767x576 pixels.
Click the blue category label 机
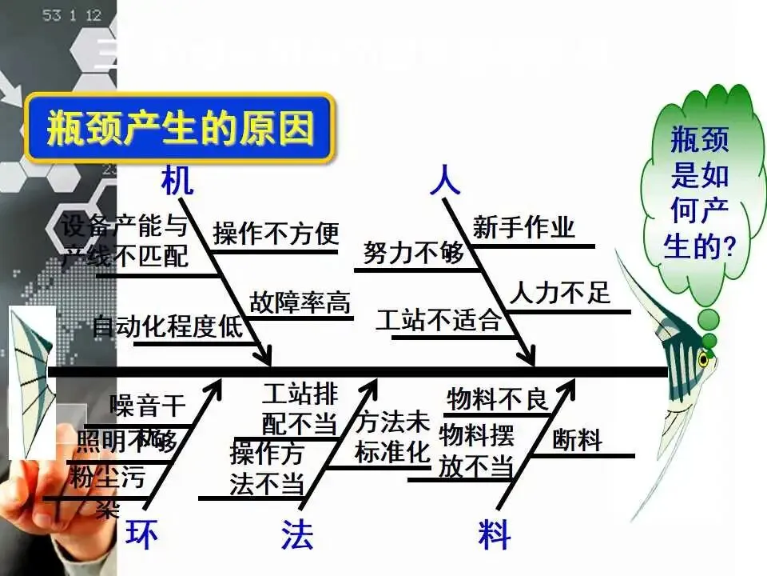[x=177, y=181]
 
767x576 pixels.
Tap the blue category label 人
[x=445, y=181]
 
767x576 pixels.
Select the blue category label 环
[x=141, y=534]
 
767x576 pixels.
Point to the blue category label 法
[x=297, y=534]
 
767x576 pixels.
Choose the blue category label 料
[x=495, y=534]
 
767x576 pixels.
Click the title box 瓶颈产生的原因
[x=180, y=128]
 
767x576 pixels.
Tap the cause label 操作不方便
[x=276, y=234]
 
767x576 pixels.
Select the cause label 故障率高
[x=300, y=302]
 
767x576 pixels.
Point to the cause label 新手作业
[x=523, y=227]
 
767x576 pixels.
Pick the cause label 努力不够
[x=413, y=254]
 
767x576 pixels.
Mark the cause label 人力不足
[x=559, y=293]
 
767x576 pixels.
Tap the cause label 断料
[x=577, y=440]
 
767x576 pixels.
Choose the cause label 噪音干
[x=147, y=406]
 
